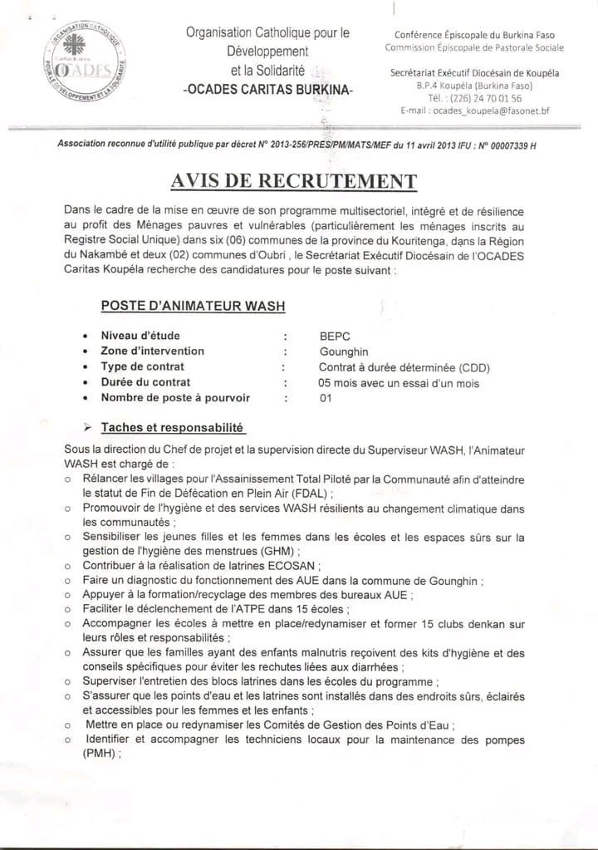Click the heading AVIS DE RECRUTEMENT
pos(294,182)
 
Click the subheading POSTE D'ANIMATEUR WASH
pos(193,306)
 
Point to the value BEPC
pos(335,336)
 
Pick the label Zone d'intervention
pos(152,351)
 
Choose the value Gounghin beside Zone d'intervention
pos(343,351)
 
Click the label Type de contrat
pos(143,366)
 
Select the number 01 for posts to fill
pos(326,398)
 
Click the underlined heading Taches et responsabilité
pos(172,428)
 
